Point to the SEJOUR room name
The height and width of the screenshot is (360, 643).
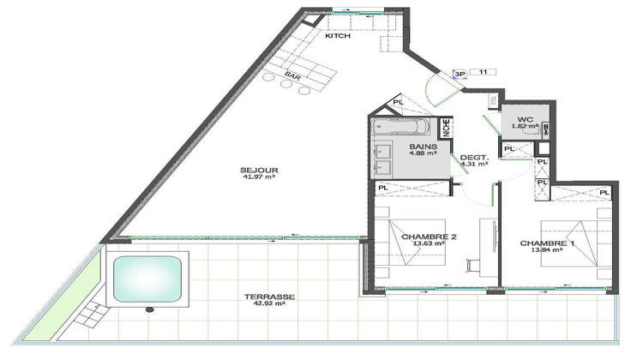[260, 170]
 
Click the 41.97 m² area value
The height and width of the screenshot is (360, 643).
[260, 178]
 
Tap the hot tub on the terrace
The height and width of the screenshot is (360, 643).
[148, 278]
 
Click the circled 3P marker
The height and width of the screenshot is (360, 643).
[460, 74]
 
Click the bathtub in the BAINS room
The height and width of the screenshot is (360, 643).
[403, 130]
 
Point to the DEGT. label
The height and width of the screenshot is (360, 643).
[474, 157]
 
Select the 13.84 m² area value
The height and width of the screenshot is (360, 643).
[549, 251]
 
